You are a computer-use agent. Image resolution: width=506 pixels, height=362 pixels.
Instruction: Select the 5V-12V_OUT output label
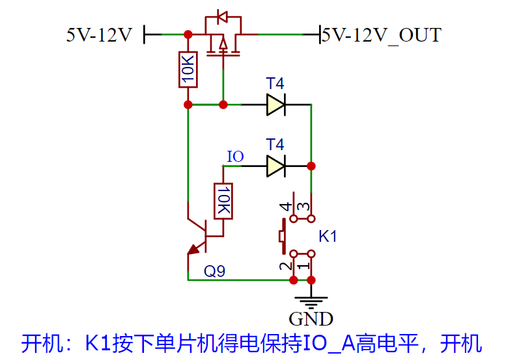point(382,34)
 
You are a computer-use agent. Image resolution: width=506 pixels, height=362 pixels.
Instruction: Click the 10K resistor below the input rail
point(188,69)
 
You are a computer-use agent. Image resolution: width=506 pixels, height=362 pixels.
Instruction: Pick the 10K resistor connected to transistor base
point(223,200)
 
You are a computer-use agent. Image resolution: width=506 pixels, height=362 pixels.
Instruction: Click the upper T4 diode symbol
point(276,104)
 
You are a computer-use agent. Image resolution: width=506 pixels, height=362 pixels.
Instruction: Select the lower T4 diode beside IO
point(276,166)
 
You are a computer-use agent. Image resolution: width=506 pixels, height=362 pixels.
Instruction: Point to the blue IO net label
point(235,157)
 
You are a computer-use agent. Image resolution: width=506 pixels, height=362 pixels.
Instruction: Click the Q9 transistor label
point(214,271)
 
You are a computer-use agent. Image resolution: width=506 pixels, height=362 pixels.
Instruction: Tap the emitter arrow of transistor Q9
point(193,248)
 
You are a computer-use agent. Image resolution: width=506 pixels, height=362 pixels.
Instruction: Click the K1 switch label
point(328,237)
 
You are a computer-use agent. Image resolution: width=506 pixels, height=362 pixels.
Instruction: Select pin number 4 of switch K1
point(285,208)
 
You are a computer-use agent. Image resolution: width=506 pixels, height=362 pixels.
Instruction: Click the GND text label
point(311,319)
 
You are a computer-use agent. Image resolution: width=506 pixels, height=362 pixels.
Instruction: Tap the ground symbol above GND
point(312,300)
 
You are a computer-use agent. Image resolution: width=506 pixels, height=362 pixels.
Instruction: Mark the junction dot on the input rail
point(188,34)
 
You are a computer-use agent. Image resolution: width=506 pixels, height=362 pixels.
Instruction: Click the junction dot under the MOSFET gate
point(223,104)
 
